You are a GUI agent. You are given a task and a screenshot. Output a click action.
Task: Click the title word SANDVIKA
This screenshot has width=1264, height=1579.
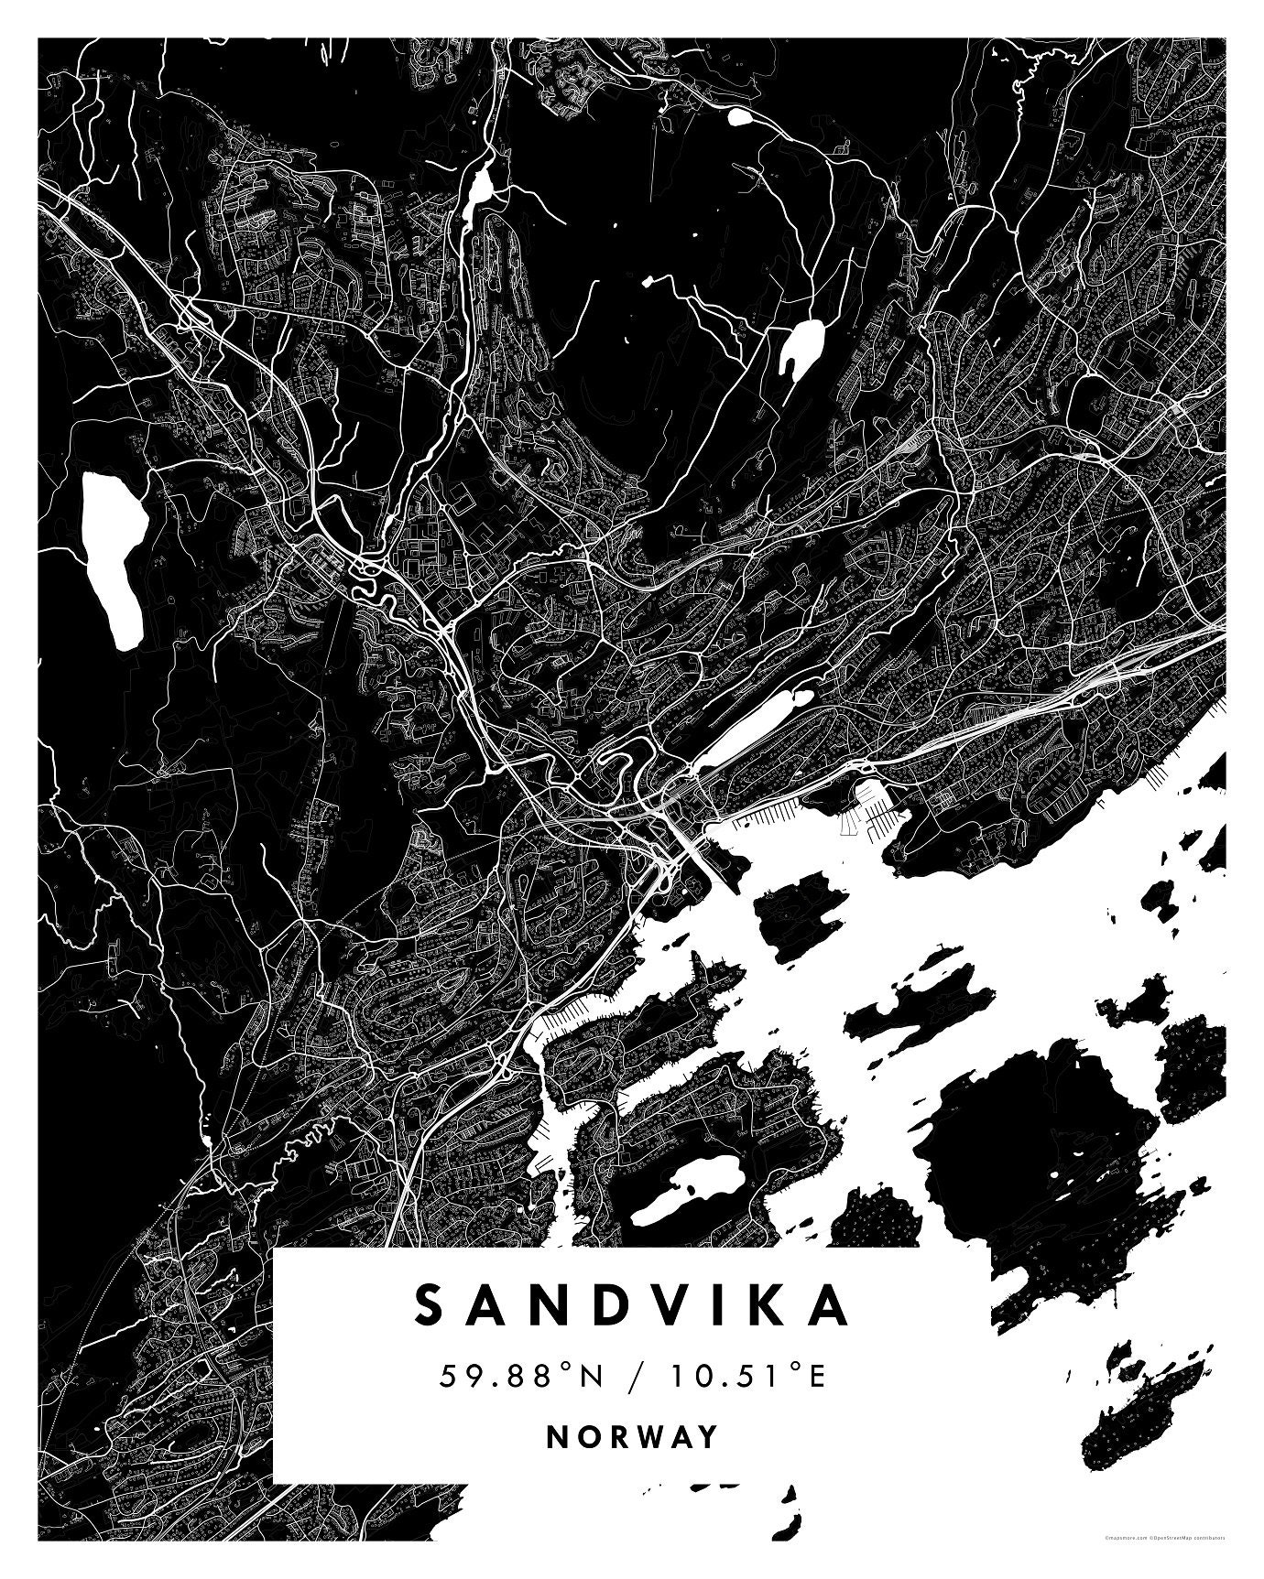(x=632, y=1304)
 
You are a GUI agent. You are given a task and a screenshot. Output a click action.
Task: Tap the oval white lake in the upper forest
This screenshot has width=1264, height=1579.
(x=800, y=348)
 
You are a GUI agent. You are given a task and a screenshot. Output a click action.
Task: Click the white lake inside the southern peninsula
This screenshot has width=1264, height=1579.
(x=687, y=1190)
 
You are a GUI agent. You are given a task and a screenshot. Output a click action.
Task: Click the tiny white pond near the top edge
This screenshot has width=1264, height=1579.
(x=739, y=116)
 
